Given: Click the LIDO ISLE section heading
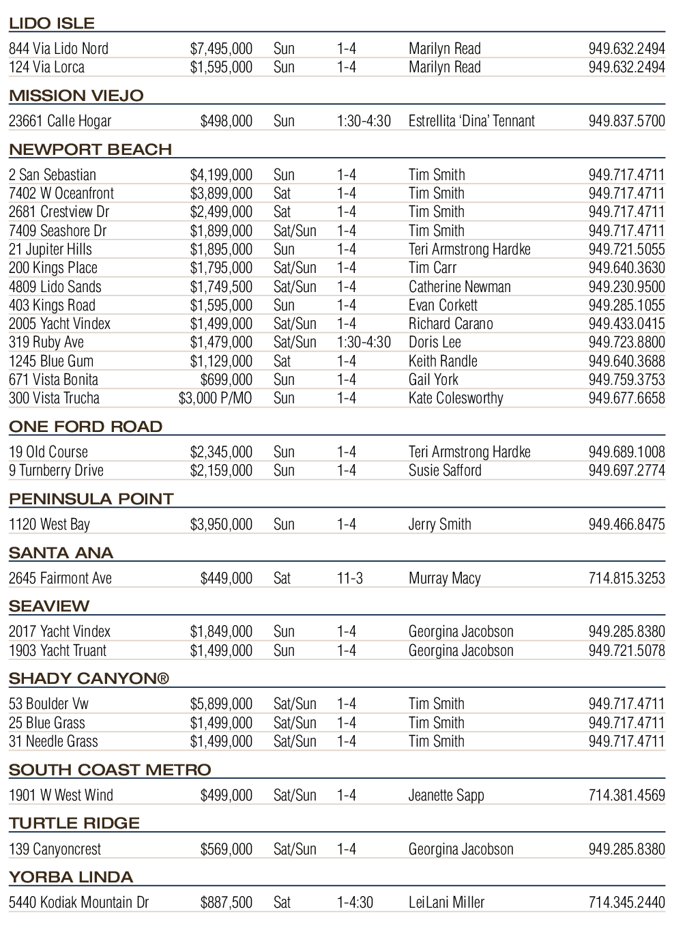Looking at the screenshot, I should tap(52, 23).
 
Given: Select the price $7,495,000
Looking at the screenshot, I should tap(221, 48).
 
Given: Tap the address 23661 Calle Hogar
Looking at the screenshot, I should tap(60, 121).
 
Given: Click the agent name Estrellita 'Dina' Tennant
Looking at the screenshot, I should tap(471, 121).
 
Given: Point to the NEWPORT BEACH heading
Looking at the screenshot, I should tap(90, 149).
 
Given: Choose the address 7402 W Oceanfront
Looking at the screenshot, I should tap(61, 194).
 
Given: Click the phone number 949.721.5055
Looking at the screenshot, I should tap(626, 250).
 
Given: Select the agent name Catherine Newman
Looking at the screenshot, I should tap(459, 287).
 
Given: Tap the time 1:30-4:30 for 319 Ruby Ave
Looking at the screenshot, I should tap(364, 343).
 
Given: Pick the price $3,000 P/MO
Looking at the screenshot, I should tap(215, 399).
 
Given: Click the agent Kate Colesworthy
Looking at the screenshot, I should tap(456, 399).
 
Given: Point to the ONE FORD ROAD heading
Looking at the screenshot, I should tap(85, 427).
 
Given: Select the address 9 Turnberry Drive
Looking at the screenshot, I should tap(56, 471).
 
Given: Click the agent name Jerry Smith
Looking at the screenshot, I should tap(439, 525).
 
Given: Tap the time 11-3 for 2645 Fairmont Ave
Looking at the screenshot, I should tap(349, 579).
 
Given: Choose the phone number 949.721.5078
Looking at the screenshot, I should tap(626, 651).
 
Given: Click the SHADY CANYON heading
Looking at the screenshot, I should tap(89, 678).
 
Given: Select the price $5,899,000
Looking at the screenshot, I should tap(221, 704).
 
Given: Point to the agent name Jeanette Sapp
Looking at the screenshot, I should tap(446, 796).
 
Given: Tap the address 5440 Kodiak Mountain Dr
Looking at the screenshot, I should tap(78, 903).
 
